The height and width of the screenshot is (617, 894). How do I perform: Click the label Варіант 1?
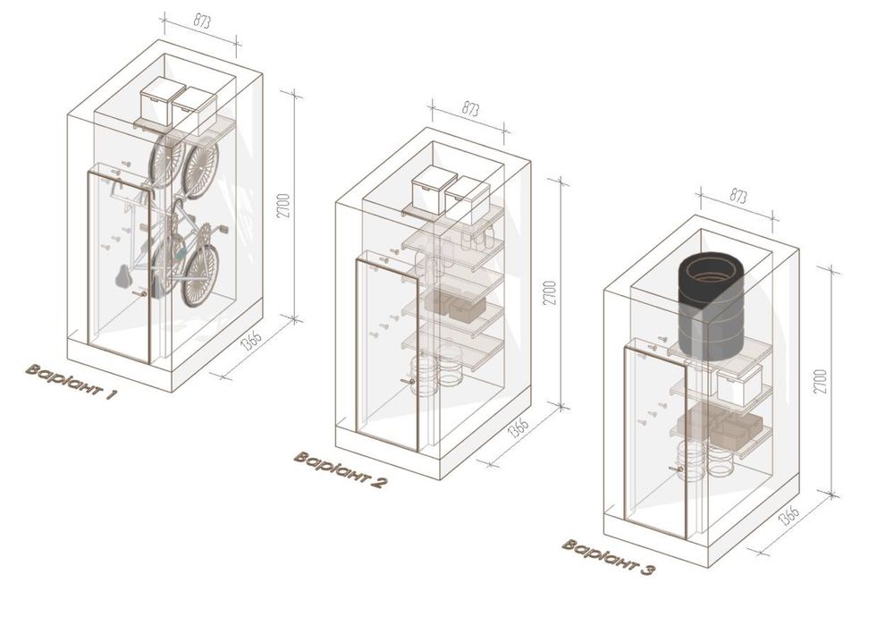click(72, 381)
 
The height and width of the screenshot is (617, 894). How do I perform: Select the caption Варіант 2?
click(341, 469)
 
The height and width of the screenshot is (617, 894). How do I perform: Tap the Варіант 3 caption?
click(608, 556)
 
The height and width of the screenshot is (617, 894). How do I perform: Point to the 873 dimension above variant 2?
click(470, 109)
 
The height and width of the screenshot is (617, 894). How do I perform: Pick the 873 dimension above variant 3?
click(738, 196)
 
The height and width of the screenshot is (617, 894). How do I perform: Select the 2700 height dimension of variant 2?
click(550, 293)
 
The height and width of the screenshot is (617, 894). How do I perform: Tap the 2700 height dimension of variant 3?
click(820, 382)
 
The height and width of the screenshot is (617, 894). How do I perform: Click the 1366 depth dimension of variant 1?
click(251, 339)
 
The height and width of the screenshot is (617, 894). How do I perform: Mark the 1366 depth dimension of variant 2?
click(519, 427)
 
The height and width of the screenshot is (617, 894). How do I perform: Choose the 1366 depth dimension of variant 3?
click(789, 514)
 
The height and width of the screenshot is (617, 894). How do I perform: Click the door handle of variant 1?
click(139, 293)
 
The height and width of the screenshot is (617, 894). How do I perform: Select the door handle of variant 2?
click(407, 381)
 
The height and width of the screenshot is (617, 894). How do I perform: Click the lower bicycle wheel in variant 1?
click(200, 276)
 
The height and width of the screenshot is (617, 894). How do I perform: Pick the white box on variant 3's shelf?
click(739, 385)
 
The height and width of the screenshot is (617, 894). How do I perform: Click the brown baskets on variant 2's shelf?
click(455, 307)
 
